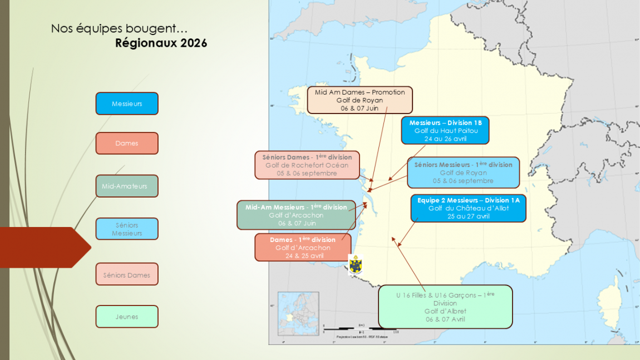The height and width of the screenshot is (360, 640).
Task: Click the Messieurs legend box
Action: click(x=127, y=103)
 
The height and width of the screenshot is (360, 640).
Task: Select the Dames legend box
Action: click(x=127, y=143)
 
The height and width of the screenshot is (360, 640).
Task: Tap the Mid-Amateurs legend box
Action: click(x=127, y=186)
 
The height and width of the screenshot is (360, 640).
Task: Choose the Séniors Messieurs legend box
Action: click(x=127, y=229)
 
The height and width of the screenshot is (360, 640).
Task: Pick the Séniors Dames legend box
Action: click(x=127, y=274)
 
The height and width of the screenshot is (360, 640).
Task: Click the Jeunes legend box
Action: click(x=127, y=317)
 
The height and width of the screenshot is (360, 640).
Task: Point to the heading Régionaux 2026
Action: click(x=161, y=43)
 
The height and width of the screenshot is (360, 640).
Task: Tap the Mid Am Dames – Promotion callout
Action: click(x=360, y=100)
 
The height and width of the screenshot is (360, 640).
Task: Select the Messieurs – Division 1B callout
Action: click(x=445, y=130)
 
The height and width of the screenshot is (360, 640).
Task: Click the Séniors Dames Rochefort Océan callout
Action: click(x=307, y=165)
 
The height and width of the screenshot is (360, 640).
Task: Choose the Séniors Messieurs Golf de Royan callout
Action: click(x=463, y=172)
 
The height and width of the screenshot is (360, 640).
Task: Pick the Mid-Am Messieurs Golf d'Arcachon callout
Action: click(x=296, y=215)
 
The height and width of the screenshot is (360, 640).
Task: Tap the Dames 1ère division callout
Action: click(x=303, y=248)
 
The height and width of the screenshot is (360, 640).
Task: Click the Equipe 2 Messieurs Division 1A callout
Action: click(x=468, y=208)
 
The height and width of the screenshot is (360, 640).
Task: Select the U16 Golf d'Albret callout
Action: click(x=445, y=307)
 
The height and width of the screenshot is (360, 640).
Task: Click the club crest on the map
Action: click(x=355, y=264)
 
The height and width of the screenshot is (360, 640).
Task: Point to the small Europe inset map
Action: click(x=298, y=313)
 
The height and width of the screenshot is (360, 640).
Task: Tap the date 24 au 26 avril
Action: click(x=445, y=139)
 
